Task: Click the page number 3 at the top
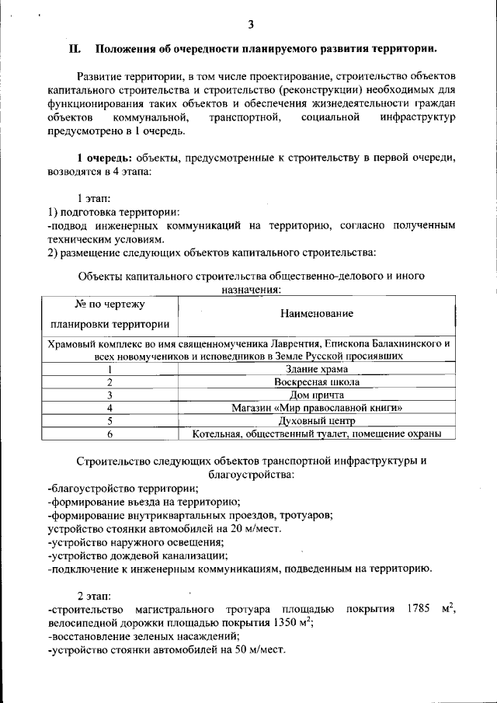click(251, 23)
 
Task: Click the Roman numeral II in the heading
click(75, 49)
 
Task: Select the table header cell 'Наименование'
click(316, 313)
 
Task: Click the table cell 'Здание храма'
click(316, 369)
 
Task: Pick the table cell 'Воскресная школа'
click(316, 382)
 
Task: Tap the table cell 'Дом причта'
click(316, 395)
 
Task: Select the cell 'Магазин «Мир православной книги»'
click(316, 407)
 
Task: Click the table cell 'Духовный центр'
click(316, 420)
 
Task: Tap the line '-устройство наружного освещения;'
click(136, 541)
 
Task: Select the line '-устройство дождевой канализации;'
click(137, 555)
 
